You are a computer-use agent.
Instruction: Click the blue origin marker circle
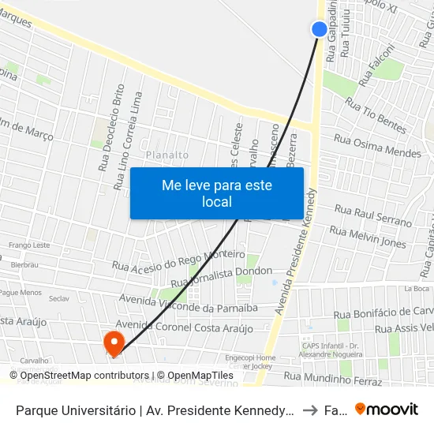(320, 29)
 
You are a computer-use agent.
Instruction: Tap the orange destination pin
(114, 342)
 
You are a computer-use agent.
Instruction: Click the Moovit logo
(387, 409)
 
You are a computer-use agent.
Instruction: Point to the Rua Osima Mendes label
(377, 146)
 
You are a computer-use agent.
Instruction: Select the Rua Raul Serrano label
(373, 214)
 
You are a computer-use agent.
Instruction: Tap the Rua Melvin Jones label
(368, 237)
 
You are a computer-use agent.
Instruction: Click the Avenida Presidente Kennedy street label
(295, 252)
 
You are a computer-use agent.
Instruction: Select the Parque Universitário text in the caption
(71, 410)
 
